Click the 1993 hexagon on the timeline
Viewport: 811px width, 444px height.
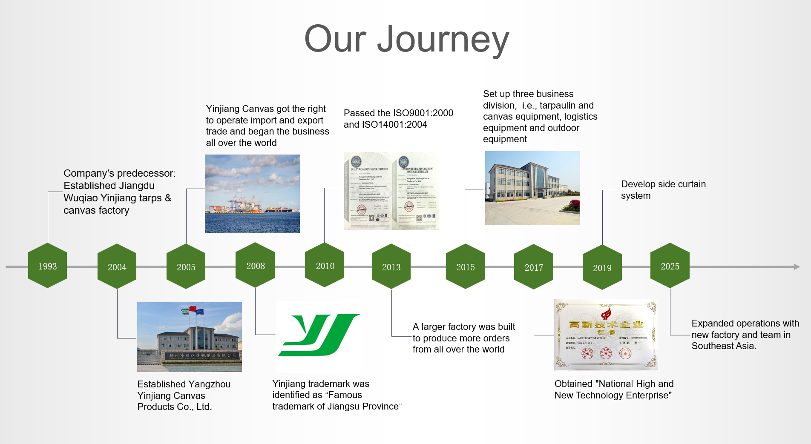[47, 266]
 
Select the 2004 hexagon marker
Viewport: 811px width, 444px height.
[117, 267]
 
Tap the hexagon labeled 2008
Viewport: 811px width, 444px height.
[255, 266]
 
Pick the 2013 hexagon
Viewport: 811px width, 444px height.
[391, 267]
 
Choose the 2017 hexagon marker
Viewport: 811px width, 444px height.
[533, 267]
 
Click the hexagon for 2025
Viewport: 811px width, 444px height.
[670, 266]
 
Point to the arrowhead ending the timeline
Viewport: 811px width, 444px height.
[797, 267]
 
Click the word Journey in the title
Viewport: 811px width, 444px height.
[443, 39]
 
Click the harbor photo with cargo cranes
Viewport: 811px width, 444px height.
[252, 194]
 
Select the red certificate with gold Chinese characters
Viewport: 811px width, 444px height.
[606, 335]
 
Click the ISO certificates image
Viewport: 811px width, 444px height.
[391, 191]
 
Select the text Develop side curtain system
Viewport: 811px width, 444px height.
[663, 190]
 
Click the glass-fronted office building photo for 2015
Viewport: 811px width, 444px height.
[532, 188]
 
